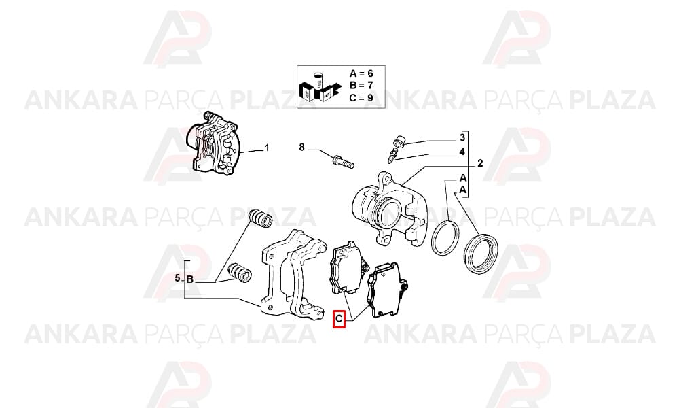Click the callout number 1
[x=267, y=148]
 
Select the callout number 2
[x=480, y=163]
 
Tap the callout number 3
[x=462, y=137]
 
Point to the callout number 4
[x=462, y=152]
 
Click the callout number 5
[x=177, y=278]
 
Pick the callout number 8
[x=302, y=148]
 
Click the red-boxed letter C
[x=339, y=320]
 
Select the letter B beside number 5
[x=189, y=279]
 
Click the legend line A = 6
[x=361, y=73]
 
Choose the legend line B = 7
[x=361, y=86]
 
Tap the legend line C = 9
[x=361, y=97]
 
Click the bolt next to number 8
[x=344, y=161]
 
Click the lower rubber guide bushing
[x=240, y=272]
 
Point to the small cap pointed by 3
[x=399, y=141]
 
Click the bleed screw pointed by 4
[x=392, y=155]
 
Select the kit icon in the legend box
[x=315, y=86]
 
